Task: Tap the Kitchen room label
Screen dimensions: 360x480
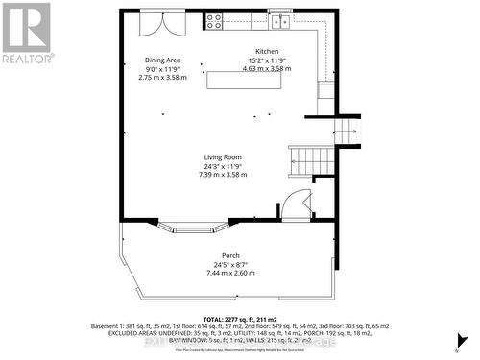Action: pos(266,51)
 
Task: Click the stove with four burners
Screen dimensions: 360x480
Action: pos(213,19)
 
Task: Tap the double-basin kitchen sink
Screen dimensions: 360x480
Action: pos(280,19)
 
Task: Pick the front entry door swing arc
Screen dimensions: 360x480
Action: pos(298,204)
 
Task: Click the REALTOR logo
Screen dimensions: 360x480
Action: pos(26,33)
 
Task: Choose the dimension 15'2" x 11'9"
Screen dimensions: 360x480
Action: pos(266,60)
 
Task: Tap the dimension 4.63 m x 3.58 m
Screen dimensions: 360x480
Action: pos(266,68)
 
